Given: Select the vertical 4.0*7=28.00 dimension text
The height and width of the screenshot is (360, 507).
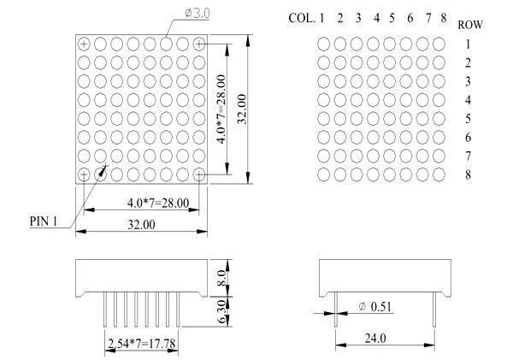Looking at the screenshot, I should tap(222, 109).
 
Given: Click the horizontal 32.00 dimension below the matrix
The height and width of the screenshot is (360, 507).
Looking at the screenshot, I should tap(142, 226).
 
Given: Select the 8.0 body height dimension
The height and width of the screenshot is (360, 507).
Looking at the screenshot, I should tap(221, 280).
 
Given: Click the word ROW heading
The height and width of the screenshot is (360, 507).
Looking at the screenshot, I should tap(470, 25).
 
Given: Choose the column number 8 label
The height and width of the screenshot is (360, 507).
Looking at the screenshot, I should tap(442, 17).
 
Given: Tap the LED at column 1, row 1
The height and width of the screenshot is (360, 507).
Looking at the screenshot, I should tap(323, 43).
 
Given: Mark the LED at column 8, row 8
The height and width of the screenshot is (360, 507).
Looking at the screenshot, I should tap(439, 174).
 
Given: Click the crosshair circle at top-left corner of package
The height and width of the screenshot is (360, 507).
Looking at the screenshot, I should tap(84, 43).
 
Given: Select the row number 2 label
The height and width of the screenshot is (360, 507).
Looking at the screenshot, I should tap(469, 62).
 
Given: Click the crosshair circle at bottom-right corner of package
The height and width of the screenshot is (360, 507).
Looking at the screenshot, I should tap(199, 174).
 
